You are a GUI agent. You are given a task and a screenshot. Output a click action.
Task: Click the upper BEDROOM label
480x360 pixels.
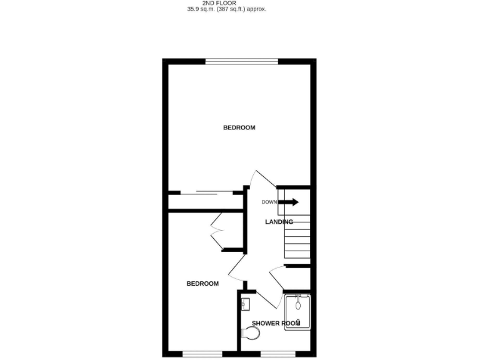click(x=239, y=128)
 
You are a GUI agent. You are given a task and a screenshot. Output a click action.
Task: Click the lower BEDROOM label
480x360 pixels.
click(x=202, y=284)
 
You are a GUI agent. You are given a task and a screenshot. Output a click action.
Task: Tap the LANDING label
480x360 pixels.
click(x=279, y=222)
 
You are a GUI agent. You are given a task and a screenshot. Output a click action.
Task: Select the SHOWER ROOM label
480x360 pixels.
click(x=276, y=323)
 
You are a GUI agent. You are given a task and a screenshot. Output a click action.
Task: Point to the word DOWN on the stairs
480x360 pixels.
click(x=269, y=202)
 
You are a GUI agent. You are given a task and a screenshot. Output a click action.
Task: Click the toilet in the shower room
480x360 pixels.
click(x=251, y=336)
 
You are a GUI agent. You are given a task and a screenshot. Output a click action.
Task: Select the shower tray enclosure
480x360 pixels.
click(x=297, y=312)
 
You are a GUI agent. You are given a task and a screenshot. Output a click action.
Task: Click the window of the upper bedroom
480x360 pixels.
click(x=242, y=61)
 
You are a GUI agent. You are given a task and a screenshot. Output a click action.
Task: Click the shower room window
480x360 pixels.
click(x=272, y=354)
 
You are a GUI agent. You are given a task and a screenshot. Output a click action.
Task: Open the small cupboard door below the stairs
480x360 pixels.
click(x=278, y=275)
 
